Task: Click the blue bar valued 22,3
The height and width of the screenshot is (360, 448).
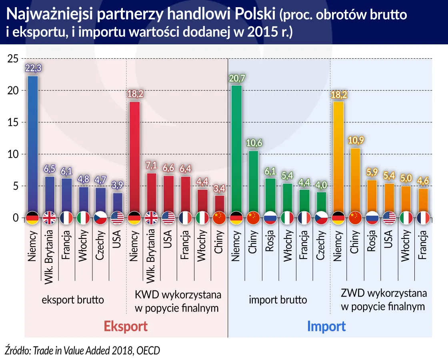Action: pos(32,144)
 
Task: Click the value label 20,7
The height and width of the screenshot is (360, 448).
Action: pos(237,79)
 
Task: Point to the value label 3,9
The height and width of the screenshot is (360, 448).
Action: pos(117,186)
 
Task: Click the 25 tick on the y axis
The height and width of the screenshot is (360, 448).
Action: pos(13,59)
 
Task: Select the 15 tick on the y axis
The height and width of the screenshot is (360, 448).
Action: pos(13,123)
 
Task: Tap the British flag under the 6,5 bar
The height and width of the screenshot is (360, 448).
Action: pos(50,218)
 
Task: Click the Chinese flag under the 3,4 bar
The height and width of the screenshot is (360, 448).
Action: pos(220,218)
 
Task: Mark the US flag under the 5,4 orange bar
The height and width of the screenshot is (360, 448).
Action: pos(389,218)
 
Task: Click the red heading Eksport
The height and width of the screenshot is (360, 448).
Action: pos(126,326)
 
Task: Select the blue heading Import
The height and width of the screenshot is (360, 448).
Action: pos(326,326)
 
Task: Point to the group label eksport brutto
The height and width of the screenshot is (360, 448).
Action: pos(73,300)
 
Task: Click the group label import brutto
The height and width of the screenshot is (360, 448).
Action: pos(278,300)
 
